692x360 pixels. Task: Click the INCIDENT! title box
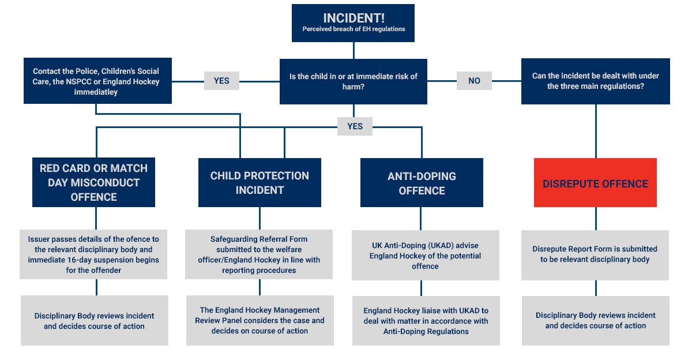pos(353,23)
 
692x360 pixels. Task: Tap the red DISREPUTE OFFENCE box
pos(595,183)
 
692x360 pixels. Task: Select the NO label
pos(474,81)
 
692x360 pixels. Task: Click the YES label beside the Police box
pos(221,81)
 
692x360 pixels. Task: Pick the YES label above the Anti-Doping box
pos(355,126)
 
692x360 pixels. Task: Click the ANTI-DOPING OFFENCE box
pos(422,183)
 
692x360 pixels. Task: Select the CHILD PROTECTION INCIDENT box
pos(259,183)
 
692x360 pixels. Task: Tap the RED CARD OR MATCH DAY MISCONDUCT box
pos(93,182)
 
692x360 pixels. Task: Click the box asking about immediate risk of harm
pos(353,81)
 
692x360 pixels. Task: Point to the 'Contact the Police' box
pos(97,81)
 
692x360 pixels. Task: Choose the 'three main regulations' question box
pos(596,81)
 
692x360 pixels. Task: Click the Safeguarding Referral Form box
pos(259,254)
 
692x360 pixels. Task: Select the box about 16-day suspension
pos(93,254)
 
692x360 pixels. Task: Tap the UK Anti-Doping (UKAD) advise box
pos(426,255)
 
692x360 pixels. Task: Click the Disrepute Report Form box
pos(595,255)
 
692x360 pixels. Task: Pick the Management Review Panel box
pos(260,320)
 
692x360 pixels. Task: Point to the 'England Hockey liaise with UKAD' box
pos(426,321)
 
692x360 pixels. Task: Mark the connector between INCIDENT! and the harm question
pos(353,50)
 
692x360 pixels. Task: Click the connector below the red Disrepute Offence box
pos(596,219)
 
